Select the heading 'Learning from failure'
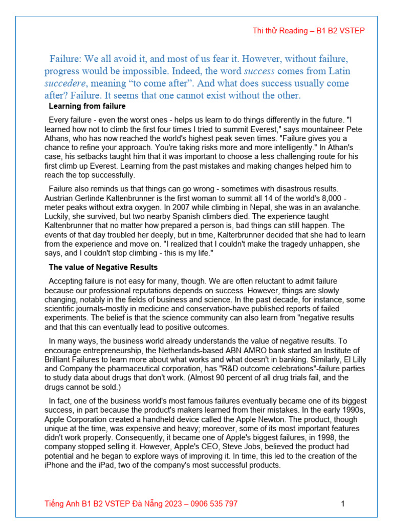87,107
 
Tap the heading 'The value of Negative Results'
103,267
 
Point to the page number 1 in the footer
343,503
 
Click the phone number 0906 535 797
214,503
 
